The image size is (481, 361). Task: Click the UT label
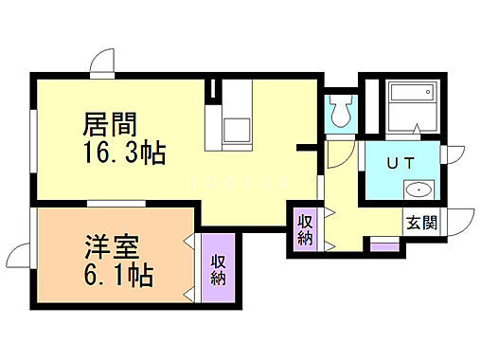pyautogui.click(x=399, y=162)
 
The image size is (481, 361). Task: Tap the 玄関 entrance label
pyautogui.click(x=421, y=224)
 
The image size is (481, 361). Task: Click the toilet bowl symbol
pyautogui.click(x=340, y=112)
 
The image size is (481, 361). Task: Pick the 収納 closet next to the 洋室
pyautogui.click(x=219, y=269)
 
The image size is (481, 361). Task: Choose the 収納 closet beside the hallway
pyautogui.click(x=305, y=229)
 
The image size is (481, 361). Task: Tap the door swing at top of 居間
pyautogui.click(x=101, y=63)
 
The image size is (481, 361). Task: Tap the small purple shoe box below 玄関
pyautogui.click(x=383, y=246)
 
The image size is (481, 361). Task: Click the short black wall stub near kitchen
pyautogui.click(x=306, y=148)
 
